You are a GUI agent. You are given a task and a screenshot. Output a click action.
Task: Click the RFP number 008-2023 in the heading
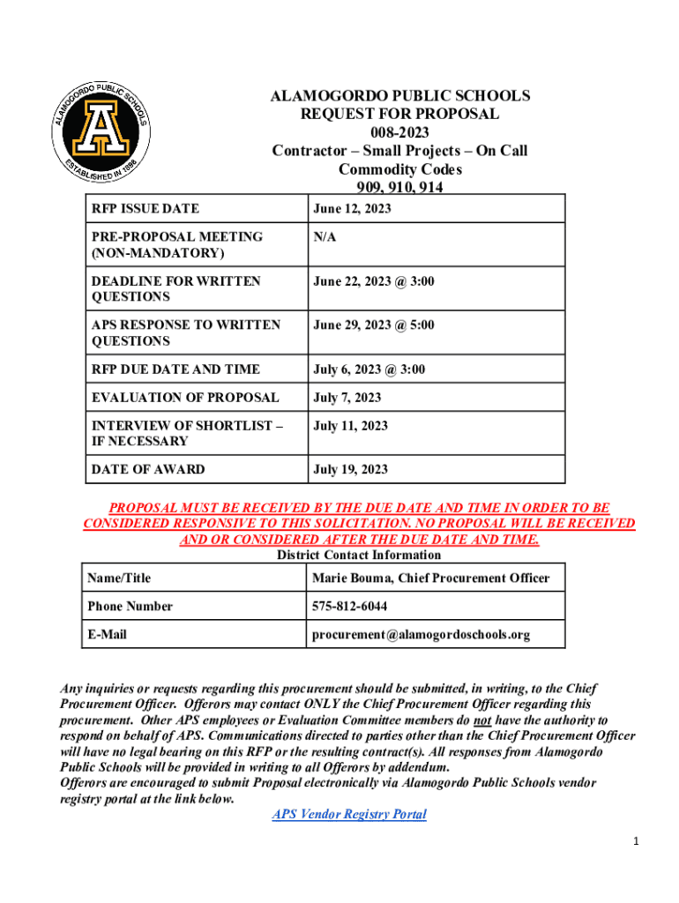399,132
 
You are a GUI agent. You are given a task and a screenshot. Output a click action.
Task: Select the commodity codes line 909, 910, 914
399,187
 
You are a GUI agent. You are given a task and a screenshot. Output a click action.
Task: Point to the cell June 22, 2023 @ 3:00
373,281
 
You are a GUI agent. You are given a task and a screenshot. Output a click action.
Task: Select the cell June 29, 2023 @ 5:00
373,325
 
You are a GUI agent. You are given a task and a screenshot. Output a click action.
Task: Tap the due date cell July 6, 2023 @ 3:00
369,369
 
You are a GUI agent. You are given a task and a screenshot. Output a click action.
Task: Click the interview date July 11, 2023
350,426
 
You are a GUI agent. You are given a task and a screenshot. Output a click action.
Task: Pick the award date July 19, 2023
350,469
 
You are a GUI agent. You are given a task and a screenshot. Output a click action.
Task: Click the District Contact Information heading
359,555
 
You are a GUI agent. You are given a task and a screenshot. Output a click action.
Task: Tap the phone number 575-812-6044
350,607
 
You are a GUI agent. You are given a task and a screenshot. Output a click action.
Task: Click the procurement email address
421,635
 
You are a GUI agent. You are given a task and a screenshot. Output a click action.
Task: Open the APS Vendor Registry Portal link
349,815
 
